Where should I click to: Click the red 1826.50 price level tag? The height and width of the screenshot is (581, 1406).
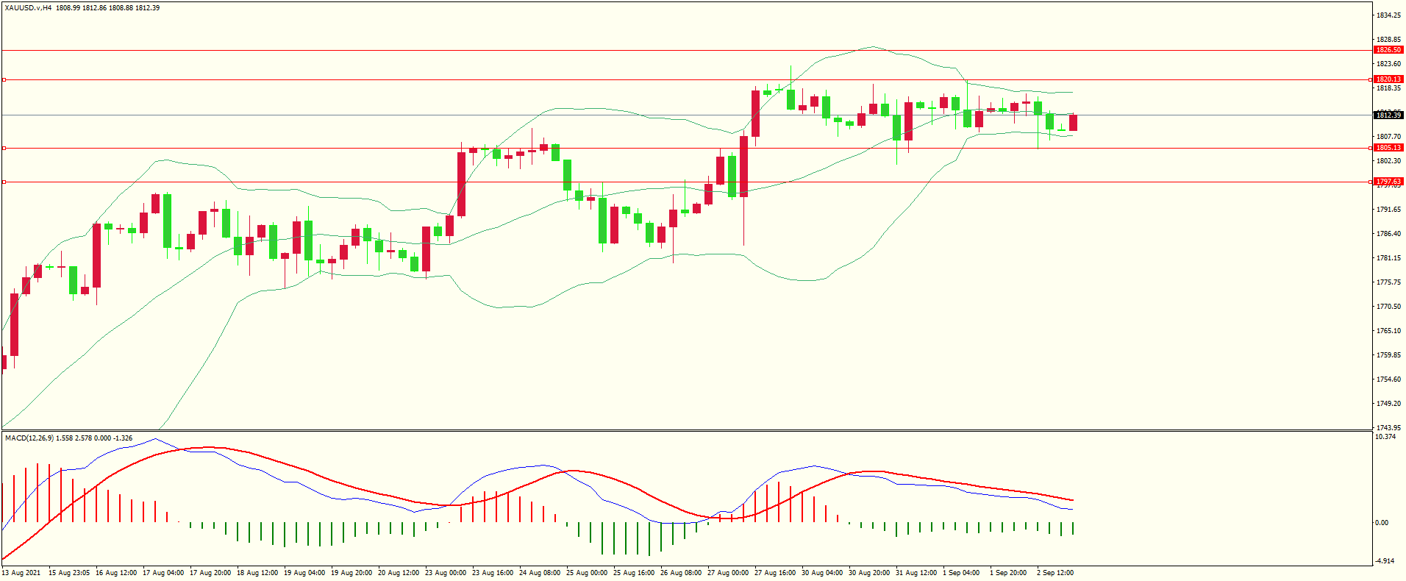coord(1388,50)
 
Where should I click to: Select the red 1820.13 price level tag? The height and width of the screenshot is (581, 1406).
coord(1388,79)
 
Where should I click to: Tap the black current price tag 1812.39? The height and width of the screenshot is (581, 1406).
coord(1388,115)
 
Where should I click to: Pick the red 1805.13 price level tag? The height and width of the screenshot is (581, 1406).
coord(1388,148)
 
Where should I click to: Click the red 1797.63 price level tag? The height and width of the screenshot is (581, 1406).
coord(1388,182)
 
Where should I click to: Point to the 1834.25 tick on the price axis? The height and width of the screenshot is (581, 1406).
coord(1388,15)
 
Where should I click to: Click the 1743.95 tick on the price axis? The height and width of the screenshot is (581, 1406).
coord(1388,427)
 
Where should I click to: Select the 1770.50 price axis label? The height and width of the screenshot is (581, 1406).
coord(1388,307)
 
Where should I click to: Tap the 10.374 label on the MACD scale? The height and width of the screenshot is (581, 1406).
coord(1385,437)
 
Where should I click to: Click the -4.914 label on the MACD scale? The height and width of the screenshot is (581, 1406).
coord(1385,561)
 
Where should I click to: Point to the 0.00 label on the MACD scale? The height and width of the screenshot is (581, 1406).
coord(1382,523)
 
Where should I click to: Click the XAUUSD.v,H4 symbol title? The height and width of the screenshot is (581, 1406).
coord(28,8)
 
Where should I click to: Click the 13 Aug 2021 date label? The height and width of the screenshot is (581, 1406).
coord(21,573)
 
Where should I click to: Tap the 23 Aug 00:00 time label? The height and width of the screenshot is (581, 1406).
coord(446,573)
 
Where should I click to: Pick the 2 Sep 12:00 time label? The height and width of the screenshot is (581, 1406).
coord(1055,573)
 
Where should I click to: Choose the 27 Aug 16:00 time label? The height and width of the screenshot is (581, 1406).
coord(775,573)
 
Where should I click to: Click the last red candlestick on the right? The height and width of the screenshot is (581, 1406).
coord(1073,123)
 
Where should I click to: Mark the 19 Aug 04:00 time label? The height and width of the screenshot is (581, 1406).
coord(304,573)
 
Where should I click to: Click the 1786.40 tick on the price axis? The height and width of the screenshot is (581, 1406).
coord(1388,234)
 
